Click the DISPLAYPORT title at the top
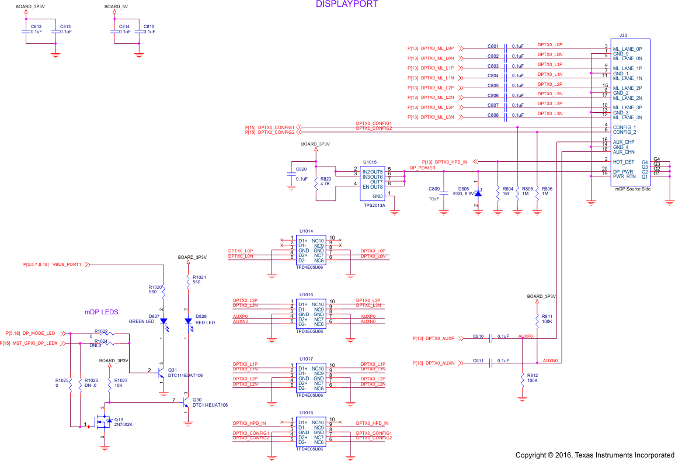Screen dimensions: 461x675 click(x=347, y=4)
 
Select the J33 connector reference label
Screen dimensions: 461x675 click(x=615, y=36)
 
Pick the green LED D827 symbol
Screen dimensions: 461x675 click(x=163, y=321)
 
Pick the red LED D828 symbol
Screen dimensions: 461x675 click(x=188, y=321)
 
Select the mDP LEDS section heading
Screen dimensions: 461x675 click(x=101, y=312)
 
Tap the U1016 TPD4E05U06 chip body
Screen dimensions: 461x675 click(x=311, y=314)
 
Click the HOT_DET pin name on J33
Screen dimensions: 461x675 click(x=623, y=162)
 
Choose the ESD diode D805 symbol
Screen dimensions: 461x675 click(x=478, y=192)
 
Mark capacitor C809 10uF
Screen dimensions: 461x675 click(x=444, y=193)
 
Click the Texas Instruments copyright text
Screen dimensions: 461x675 click(x=594, y=455)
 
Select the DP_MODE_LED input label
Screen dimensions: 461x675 click(x=39, y=333)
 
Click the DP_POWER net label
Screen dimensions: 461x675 click(x=422, y=168)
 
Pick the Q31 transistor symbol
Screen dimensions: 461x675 click(x=161, y=374)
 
